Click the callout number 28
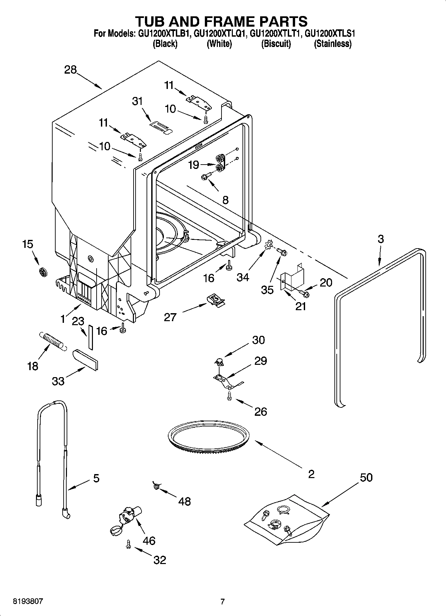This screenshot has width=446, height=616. (x=71, y=70)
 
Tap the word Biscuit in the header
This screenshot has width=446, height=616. (x=276, y=44)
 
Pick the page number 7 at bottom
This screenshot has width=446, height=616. (x=223, y=601)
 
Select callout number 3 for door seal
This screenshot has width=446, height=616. (x=380, y=239)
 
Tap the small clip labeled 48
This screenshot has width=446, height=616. (x=156, y=486)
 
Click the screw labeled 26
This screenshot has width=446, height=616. (x=229, y=395)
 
